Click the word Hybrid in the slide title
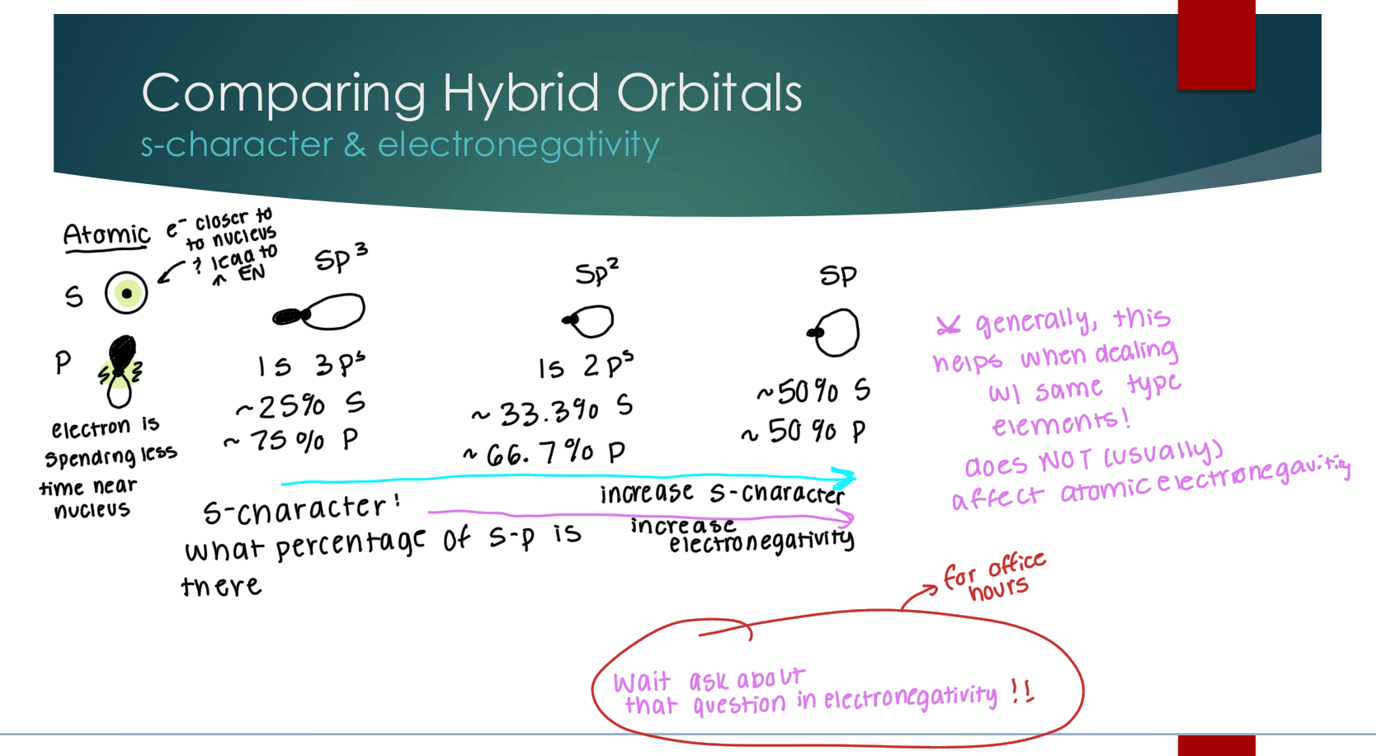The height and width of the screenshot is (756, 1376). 521,92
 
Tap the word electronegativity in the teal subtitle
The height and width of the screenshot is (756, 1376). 518,145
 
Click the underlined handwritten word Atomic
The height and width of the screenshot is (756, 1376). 107,234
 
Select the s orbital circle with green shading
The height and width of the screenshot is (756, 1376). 126,292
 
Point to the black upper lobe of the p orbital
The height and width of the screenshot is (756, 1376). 122,354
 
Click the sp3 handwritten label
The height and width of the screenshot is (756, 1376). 340,259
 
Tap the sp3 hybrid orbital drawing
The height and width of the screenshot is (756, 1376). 320,313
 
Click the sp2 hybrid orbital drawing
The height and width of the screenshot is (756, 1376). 590,321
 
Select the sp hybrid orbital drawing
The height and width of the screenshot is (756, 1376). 836,332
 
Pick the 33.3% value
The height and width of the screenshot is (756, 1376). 549,411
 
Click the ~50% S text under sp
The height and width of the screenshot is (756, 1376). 813,391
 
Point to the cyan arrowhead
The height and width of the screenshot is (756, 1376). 845,477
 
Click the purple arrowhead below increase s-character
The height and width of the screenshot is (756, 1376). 845,517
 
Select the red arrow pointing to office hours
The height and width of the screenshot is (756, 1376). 919,597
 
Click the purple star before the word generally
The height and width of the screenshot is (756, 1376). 948,326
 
